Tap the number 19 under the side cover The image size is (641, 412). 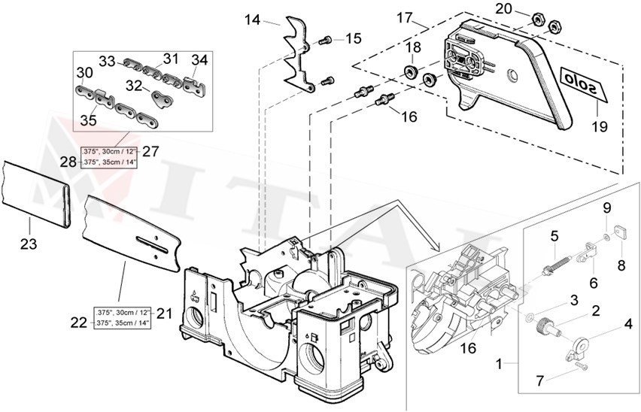click(x=600, y=128)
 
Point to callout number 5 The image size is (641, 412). click(x=554, y=236)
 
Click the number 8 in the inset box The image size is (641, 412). click(x=621, y=265)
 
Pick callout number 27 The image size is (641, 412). click(x=150, y=151)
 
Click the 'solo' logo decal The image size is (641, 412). click(x=585, y=79)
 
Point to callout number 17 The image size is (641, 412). click(x=406, y=16)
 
